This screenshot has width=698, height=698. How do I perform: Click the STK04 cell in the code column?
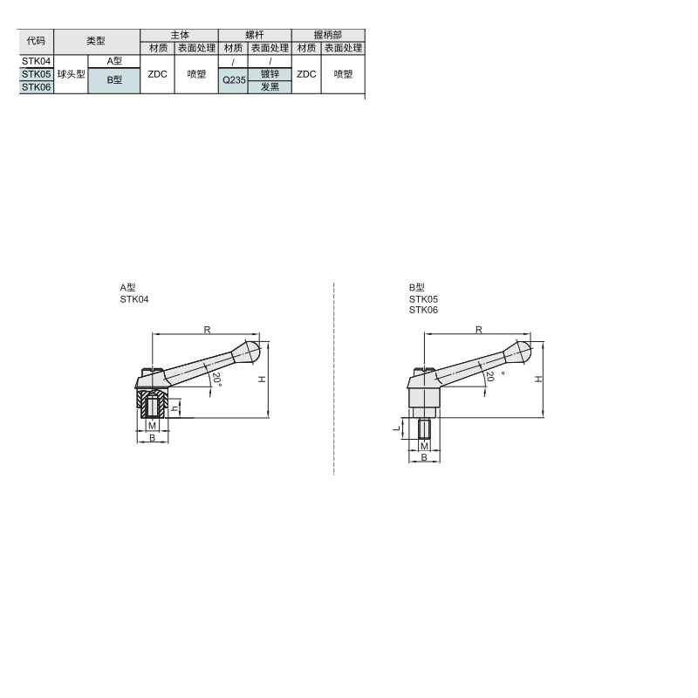point(36,61)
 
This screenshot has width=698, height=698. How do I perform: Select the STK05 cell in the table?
point(36,74)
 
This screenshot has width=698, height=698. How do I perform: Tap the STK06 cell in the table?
point(36,86)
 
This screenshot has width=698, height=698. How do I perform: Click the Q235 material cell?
point(233,80)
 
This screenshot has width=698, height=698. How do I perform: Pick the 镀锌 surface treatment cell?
point(270,74)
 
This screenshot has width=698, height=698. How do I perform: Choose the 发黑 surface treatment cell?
point(270,86)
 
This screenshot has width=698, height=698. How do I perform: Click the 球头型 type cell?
point(71,74)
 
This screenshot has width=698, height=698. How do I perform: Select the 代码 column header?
point(36,41)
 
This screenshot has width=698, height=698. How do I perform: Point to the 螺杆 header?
point(255,35)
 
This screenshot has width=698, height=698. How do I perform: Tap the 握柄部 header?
point(328,35)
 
